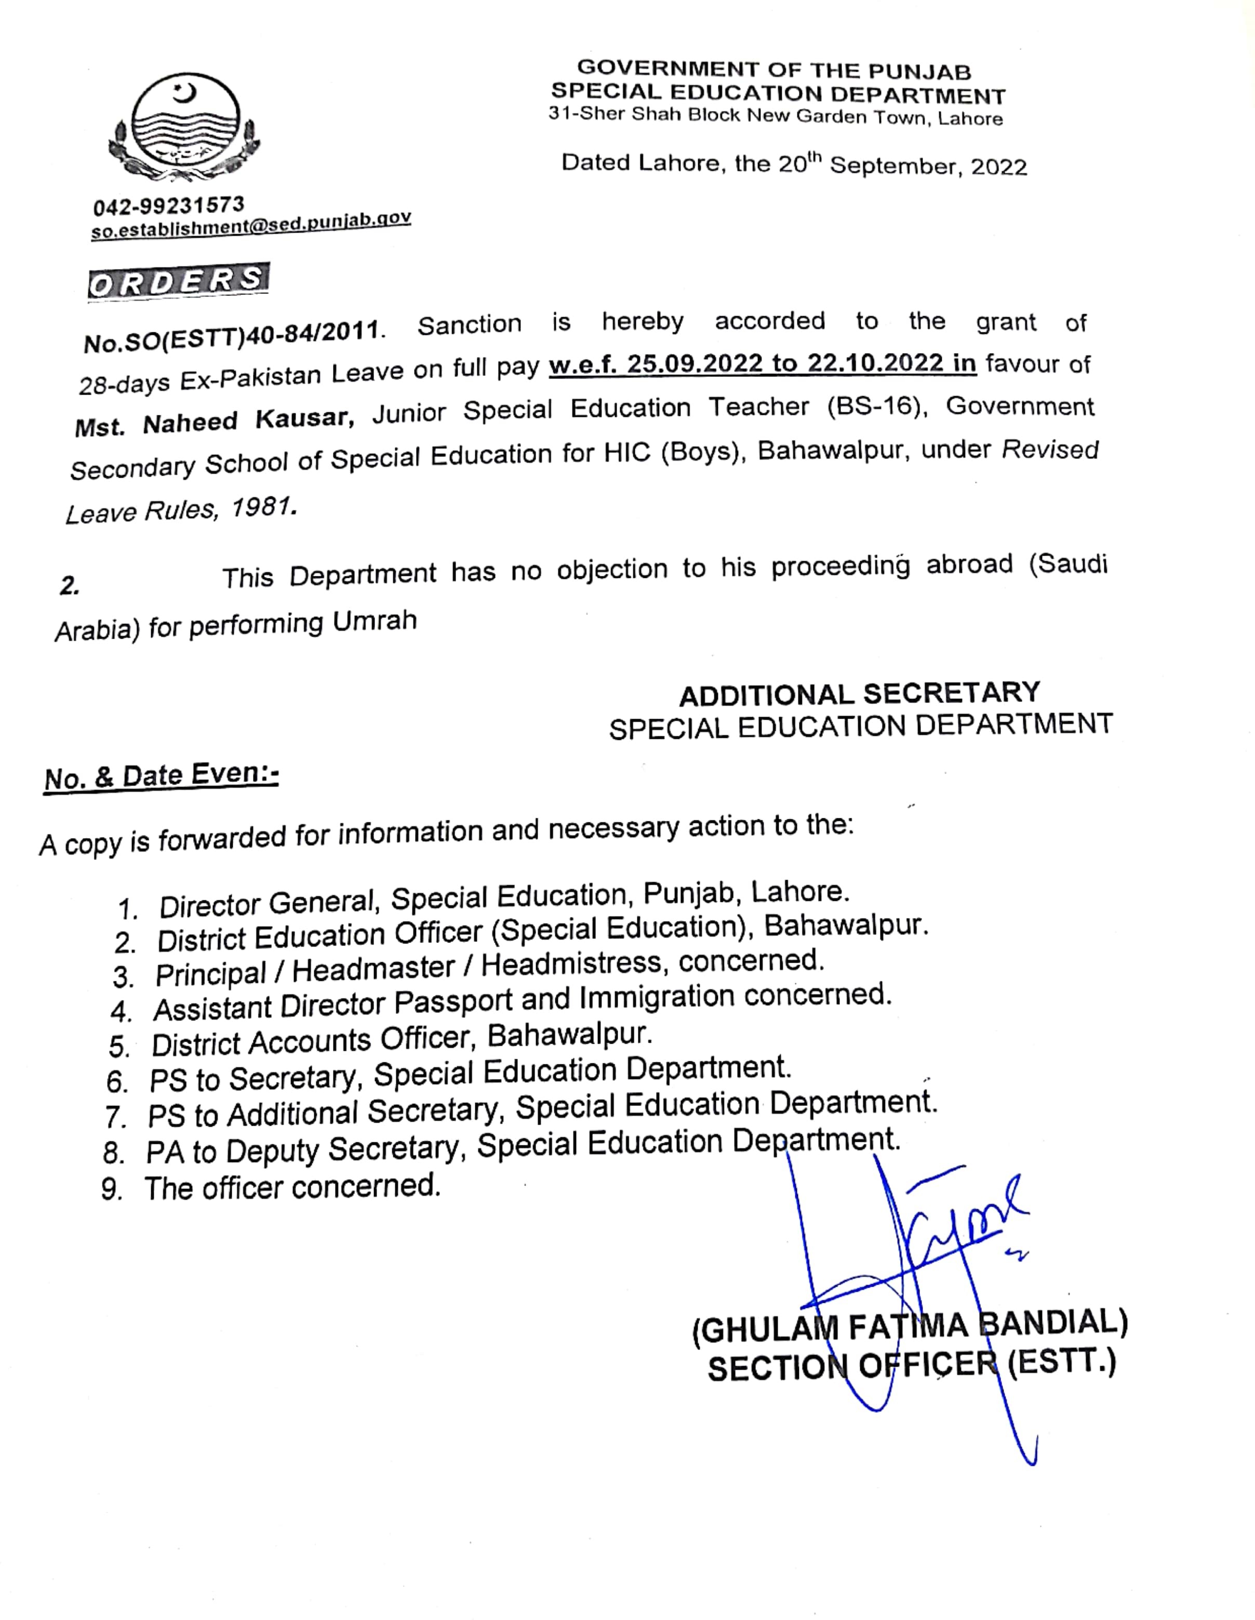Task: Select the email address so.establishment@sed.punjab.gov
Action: click(x=251, y=224)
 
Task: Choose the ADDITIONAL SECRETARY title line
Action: click(x=859, y=694)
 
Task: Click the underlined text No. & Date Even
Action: click(x=161, y=776)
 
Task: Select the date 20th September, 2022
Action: click(x=902, y=165)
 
